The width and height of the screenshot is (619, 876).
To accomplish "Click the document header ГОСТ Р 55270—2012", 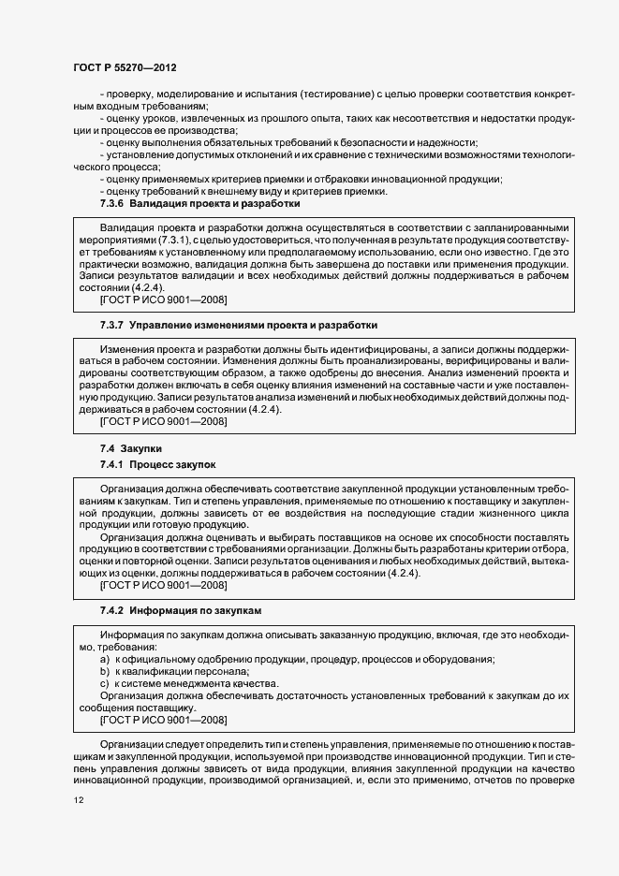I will [125, 68].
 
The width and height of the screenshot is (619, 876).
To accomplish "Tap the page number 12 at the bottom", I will [78, 801].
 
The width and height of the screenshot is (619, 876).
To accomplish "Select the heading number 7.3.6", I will [111, 203].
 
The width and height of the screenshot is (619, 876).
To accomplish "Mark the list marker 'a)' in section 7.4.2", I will [104, 660].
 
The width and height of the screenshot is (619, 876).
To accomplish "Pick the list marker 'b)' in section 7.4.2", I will [104, 672].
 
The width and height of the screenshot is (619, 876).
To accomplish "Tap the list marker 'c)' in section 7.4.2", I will [104, 684].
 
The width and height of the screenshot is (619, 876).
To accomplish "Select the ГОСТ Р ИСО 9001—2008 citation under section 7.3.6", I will [163, 300].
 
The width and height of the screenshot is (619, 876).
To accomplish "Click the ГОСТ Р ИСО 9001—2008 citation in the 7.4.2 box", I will [163, 720].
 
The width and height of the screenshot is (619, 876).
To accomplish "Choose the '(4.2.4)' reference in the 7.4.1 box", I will [399, 574].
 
